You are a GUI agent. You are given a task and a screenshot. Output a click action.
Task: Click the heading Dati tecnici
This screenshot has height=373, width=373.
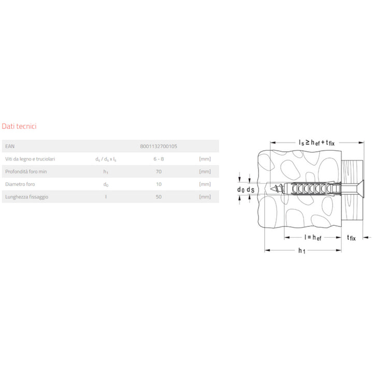click(19, 126)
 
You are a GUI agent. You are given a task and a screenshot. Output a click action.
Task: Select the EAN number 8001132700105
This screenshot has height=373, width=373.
click(159, 146)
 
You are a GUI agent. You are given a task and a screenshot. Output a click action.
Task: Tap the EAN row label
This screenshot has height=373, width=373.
click(10, 146)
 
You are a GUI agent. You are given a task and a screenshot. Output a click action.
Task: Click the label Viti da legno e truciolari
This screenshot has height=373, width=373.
click(30, 159)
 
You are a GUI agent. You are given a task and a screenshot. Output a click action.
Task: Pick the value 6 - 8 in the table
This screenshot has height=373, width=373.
click(159, 159)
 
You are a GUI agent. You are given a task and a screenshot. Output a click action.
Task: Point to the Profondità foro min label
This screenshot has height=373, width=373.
click(26, 171)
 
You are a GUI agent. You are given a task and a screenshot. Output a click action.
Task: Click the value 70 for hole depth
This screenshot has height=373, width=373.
click(159, 171)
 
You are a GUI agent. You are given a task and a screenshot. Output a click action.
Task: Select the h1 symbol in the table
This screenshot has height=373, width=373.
click(106, 172)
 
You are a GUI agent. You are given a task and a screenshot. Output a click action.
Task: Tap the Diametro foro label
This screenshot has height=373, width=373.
click(20, 184)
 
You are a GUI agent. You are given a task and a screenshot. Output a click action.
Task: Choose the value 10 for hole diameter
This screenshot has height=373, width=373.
click(159, 184)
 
